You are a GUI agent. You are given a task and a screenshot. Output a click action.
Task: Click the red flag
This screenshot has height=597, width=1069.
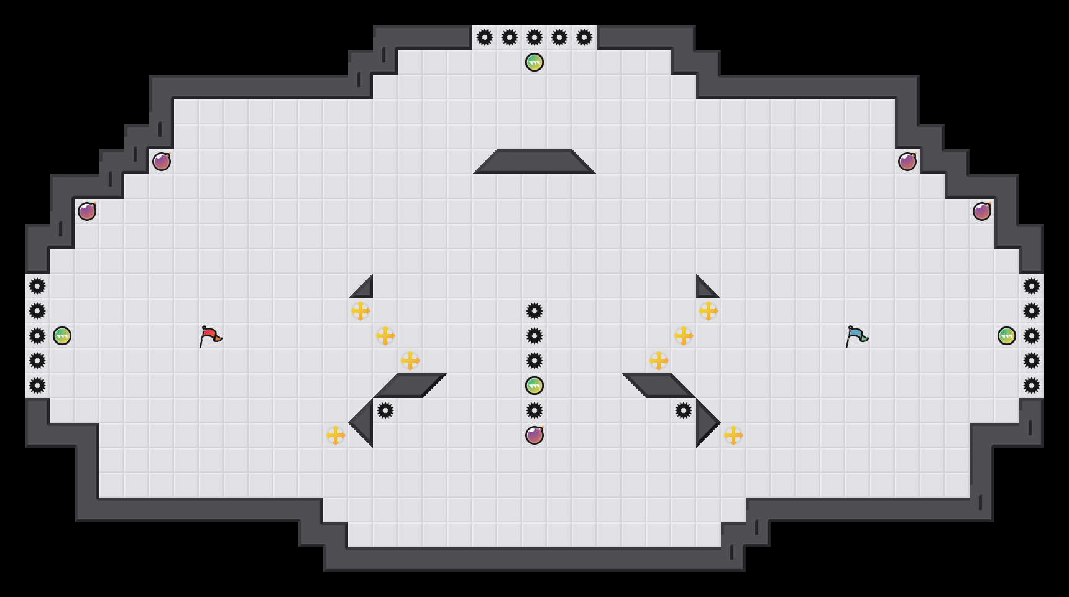point(210,336)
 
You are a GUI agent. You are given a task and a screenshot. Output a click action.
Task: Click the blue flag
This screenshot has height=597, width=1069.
point(856,336)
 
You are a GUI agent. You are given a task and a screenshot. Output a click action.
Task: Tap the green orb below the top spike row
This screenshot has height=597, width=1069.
point(534,62)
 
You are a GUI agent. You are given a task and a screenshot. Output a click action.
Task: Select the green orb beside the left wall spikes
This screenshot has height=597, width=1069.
point(62,336)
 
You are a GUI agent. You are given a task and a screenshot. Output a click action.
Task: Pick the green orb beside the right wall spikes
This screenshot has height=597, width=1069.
point(1007,336)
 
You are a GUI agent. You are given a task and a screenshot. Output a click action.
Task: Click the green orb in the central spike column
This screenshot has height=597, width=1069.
point(534,386)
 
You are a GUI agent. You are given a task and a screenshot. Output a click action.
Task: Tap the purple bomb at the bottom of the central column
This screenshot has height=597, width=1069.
point(534,435)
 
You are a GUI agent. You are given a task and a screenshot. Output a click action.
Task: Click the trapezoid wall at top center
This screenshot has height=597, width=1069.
point(534,162)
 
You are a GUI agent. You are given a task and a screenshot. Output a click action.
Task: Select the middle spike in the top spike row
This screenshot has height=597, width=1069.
point(534,37)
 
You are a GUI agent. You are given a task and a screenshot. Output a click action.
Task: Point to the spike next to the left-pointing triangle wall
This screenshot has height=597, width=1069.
point(385,410)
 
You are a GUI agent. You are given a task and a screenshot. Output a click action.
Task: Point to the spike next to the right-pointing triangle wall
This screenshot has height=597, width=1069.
point(684,410)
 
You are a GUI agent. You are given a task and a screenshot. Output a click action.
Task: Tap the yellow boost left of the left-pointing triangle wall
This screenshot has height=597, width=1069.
point(336,435)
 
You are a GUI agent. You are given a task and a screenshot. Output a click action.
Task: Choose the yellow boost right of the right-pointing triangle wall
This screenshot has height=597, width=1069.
point(733,435)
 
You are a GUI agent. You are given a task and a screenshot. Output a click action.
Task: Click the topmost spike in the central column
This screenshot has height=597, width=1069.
point(534,311)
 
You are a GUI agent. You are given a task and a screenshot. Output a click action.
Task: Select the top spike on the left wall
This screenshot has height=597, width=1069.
point(37,286)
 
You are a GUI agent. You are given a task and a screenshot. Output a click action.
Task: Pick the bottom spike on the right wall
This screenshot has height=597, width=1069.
point(1032,386)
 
